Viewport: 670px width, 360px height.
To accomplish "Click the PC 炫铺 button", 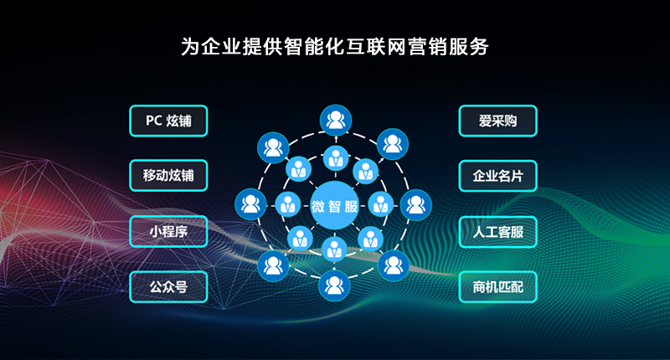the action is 168,121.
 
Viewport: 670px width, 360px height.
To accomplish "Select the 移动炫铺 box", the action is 168,176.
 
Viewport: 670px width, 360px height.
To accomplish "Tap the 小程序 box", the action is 168,231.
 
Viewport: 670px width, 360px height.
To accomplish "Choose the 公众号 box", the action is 168,287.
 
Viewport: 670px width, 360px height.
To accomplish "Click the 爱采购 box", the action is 497,121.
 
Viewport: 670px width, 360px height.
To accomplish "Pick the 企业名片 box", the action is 497,176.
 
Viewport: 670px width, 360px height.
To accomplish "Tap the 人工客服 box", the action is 497,232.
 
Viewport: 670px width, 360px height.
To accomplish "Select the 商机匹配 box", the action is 497,287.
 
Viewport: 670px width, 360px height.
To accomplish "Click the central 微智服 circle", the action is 334,205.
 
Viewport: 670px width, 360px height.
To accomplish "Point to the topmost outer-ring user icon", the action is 336,121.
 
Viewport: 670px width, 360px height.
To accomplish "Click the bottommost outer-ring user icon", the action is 334,285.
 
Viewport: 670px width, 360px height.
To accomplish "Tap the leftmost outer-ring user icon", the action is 250,204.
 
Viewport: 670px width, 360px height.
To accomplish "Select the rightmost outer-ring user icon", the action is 415,205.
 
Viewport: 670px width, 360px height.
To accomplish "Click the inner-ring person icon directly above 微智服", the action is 336,158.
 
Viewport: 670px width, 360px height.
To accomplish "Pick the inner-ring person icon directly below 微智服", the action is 334,249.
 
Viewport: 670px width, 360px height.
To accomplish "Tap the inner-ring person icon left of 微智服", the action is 288,204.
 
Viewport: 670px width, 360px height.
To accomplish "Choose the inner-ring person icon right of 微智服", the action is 381,204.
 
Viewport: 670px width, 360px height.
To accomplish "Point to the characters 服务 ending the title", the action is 468,47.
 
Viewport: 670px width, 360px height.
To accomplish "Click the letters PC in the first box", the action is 154,121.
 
